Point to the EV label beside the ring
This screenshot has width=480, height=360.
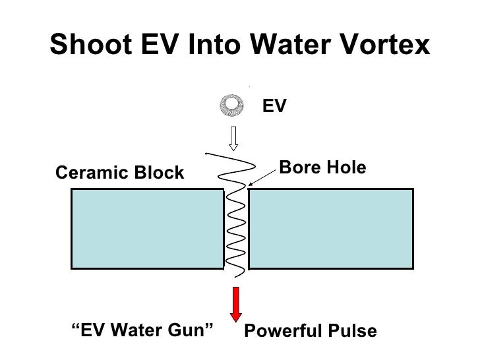click(275, 105)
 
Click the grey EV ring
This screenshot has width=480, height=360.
click(232, 104)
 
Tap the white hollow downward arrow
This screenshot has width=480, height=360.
click(233, 137)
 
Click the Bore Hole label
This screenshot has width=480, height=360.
click(322, 167)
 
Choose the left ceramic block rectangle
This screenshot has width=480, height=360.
click(147, 228)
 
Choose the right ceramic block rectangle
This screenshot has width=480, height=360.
click(331, 228)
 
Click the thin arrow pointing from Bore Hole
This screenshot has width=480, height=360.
click(262, 177)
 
